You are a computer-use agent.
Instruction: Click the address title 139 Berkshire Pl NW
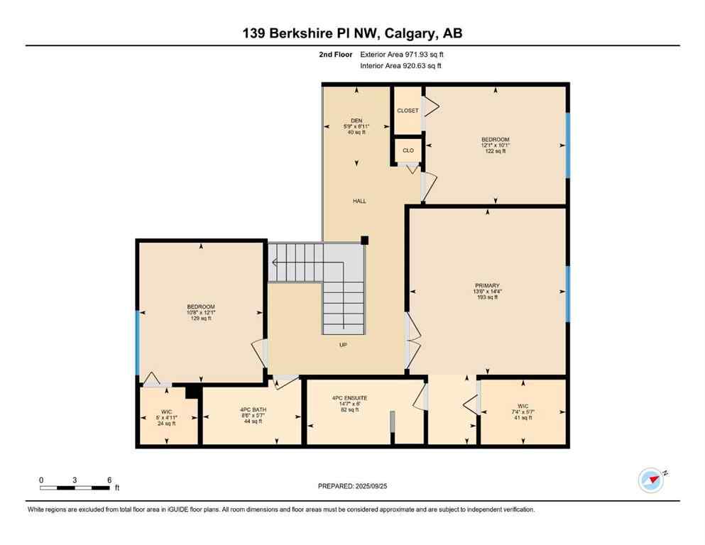(353, 33)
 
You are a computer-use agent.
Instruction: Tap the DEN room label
(356, 120)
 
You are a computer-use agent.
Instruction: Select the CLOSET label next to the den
(408, 111)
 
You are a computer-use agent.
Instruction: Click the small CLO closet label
(408, 150)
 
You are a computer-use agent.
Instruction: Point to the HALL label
(359, 202)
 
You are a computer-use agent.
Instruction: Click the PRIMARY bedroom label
(488, 286)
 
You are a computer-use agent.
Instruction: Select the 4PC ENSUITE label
(348, 399)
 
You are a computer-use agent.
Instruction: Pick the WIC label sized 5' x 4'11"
(166, 412)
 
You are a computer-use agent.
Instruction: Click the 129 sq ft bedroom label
(201, 307)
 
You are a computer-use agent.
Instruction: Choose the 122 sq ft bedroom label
(495, 140)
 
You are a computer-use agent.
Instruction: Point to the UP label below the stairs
(342, 345)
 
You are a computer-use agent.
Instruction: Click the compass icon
(650, 480)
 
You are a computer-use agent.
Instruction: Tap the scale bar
(74, 488)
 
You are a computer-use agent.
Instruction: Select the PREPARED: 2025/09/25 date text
(352, 486)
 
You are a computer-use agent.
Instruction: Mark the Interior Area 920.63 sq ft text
(401, 66)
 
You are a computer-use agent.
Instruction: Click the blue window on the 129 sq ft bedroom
(137, 342)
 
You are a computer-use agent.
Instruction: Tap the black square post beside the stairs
(364, 240)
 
